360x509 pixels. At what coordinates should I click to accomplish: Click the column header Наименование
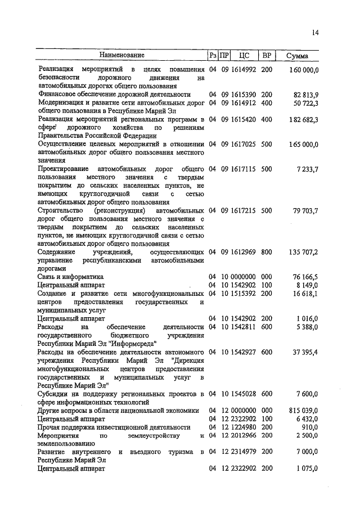[122, 55]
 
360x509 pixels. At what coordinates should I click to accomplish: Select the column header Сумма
[297, 56]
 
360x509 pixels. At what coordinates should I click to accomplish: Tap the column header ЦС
[244, 55]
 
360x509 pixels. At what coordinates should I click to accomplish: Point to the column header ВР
[267, 55]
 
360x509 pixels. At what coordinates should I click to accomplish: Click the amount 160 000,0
[304, 70]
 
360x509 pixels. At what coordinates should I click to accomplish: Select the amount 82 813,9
[306, 94]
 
